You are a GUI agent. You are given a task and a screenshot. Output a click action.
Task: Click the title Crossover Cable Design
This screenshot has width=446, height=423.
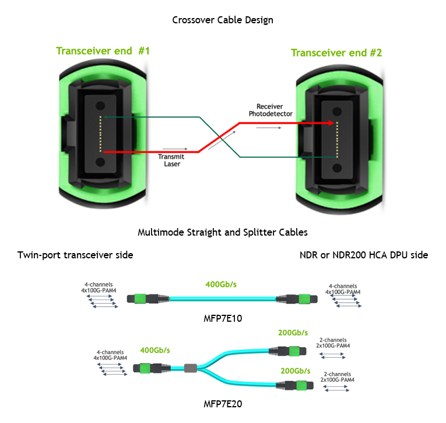[223, 20]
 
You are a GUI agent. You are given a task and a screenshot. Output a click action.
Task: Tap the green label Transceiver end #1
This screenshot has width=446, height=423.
[103, 51]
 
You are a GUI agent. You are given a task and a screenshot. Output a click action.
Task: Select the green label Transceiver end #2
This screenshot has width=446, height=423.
[336, 53]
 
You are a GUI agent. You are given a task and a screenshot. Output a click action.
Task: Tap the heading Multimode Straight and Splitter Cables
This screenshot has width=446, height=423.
[223, 232]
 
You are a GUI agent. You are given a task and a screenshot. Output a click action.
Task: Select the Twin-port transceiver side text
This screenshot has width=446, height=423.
[75, 255]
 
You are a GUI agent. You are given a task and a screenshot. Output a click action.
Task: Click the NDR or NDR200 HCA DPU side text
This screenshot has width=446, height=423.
[364, 255]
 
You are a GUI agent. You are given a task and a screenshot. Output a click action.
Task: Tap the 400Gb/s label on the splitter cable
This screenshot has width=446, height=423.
[155, 350]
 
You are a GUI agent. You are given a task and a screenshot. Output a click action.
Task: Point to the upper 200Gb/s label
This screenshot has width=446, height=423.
[294, 333]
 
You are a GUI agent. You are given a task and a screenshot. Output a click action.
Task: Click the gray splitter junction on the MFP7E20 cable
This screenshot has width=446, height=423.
[190, 368]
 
